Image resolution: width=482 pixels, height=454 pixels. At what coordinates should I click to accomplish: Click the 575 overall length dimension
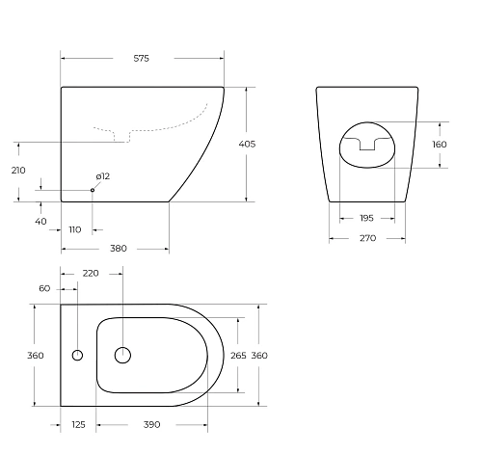click(x=141, y=59)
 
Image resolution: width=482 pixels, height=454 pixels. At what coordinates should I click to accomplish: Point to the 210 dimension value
click(x=17, y=171)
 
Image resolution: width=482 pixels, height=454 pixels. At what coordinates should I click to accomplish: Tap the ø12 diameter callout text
click(x=102, y=176)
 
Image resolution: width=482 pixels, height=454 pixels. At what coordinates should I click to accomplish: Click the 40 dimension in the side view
click(x=40, y=221)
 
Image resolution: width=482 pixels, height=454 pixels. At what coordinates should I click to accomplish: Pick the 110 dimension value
click(x=75, y=229)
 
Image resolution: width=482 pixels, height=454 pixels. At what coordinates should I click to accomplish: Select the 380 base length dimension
click(x=118, y=248)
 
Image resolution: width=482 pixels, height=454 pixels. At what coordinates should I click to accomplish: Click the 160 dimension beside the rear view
click(x=440, y=145)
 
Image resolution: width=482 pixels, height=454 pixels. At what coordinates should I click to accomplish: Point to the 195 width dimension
click(x=367, y=218)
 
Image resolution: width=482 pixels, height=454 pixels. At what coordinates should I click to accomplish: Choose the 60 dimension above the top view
click(x=44, y=287)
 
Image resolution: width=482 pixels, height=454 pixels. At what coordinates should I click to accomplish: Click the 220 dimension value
click(x=91, y=274)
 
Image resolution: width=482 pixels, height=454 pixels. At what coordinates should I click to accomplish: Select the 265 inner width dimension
click(x=239, y=356)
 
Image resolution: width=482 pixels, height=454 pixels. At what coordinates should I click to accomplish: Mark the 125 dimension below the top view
click(x=78, y=424)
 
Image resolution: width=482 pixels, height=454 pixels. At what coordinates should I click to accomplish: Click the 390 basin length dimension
click(x=151, y=424)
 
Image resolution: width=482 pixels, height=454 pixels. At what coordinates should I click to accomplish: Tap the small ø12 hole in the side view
click(x=93, y=190)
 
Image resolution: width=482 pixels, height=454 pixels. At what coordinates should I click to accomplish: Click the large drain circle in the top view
click(x=122, y=356)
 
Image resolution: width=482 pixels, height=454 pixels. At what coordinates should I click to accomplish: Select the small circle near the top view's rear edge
click(x=78, y=356)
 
